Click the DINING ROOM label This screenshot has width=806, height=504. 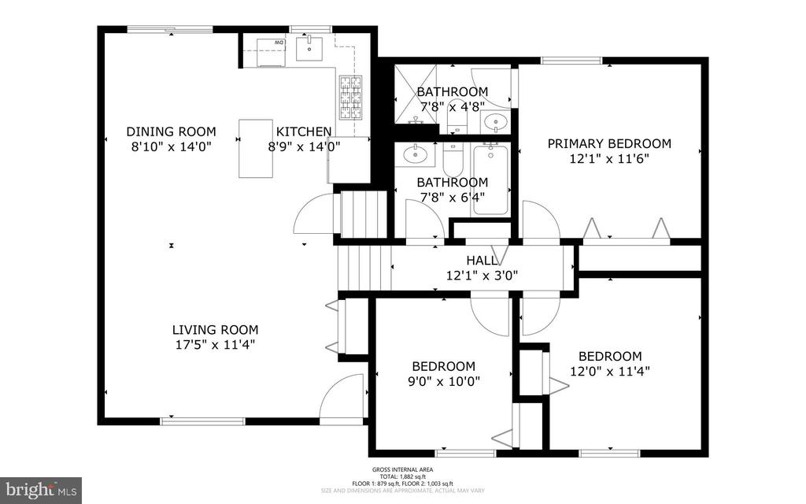point(171,132)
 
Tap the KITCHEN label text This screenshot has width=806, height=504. point(303,132)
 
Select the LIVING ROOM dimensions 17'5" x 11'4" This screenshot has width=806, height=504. point(215,344)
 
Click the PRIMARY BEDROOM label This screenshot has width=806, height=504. point(609,143)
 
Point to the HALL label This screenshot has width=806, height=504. point(482,261)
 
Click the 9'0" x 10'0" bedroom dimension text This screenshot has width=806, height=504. point(444,380)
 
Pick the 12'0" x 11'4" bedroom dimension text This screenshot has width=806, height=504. point(609,370)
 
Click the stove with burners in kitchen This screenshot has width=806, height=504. point(350,97)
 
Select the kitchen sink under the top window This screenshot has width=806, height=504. point(310,47)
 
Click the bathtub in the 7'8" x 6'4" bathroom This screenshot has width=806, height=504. point(490,177)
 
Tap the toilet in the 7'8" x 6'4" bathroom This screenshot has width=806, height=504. point(453,160)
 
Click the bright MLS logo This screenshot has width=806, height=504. point(41,489)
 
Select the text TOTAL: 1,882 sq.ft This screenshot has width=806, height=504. point(404,477)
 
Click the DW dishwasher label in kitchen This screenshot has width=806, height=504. point(279,42)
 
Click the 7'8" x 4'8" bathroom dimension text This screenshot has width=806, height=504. point(452,106)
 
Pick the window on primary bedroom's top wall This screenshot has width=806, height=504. point(571,60)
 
